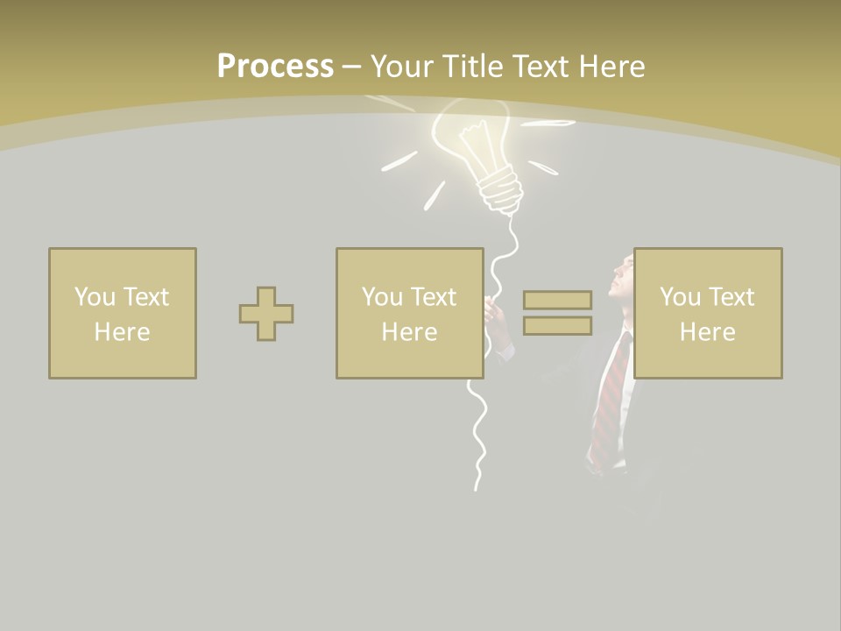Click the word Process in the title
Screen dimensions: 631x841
(x=275, y=67)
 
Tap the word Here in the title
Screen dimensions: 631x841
(x=611, y=67)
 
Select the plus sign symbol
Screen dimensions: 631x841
(x=266, y=314)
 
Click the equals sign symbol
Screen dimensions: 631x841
(x=557, y=313)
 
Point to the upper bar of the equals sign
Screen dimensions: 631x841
(x=557, y=301)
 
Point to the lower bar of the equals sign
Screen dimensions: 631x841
(x=557, y=325)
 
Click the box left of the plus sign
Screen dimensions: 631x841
(x=123, y=314)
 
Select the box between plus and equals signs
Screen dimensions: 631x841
(x=409, y=314)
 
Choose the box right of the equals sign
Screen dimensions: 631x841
(x=708, y=314)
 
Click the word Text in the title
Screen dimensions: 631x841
(x=539, y=67)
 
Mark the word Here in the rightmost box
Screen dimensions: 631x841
(x=708, y=332)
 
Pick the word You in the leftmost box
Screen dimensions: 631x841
(x=95, y=297)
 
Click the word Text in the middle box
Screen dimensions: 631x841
(x=434, y=297)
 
